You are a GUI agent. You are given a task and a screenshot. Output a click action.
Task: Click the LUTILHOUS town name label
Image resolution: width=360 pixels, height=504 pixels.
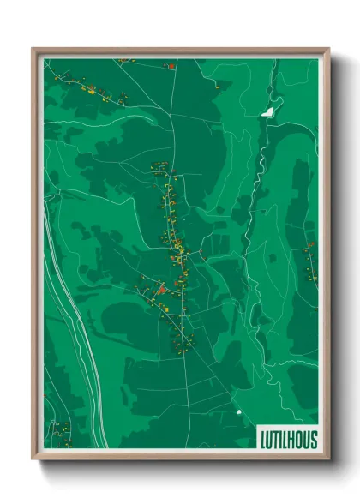[x=288, y=440]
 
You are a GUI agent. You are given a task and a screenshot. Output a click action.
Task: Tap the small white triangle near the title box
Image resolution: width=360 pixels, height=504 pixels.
[x=239, y=413]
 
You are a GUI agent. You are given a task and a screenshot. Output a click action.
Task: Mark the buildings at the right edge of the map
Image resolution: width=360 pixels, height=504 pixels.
[x=309, y=266]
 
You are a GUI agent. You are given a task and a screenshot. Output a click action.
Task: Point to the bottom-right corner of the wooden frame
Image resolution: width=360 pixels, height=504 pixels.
[x=328, y=459]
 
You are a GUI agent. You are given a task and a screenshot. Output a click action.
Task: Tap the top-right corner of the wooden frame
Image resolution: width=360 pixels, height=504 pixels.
[x=328, y=50]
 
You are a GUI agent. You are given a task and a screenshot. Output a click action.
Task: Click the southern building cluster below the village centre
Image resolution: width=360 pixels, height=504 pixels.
[x=182, y=339]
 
